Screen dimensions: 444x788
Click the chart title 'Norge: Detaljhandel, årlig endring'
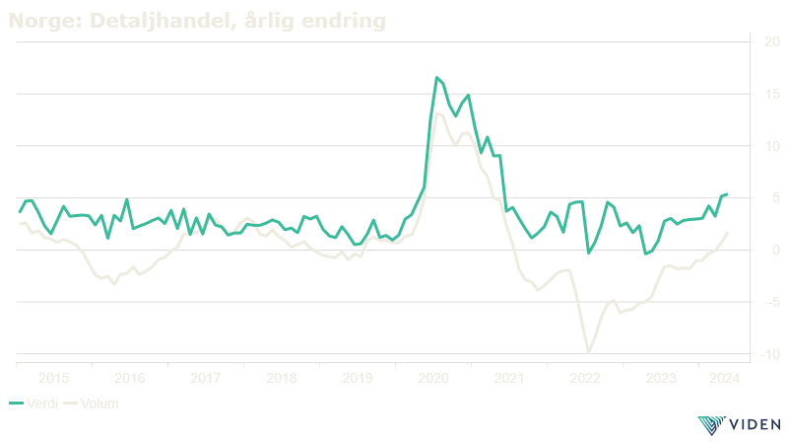pyautogui.click(x=196, y=20)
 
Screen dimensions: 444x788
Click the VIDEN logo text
pyautogui.click(x=753, y=426)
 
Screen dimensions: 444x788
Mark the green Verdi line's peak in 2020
pyautogui.click(x=436, y=77)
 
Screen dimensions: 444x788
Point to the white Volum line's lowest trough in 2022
pyautogui.click(x=589, y=352)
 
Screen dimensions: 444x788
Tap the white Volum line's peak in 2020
pyautogui.click(x=436, y=112)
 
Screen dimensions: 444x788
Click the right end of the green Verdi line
pyautogui.click(x=728, y=194)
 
